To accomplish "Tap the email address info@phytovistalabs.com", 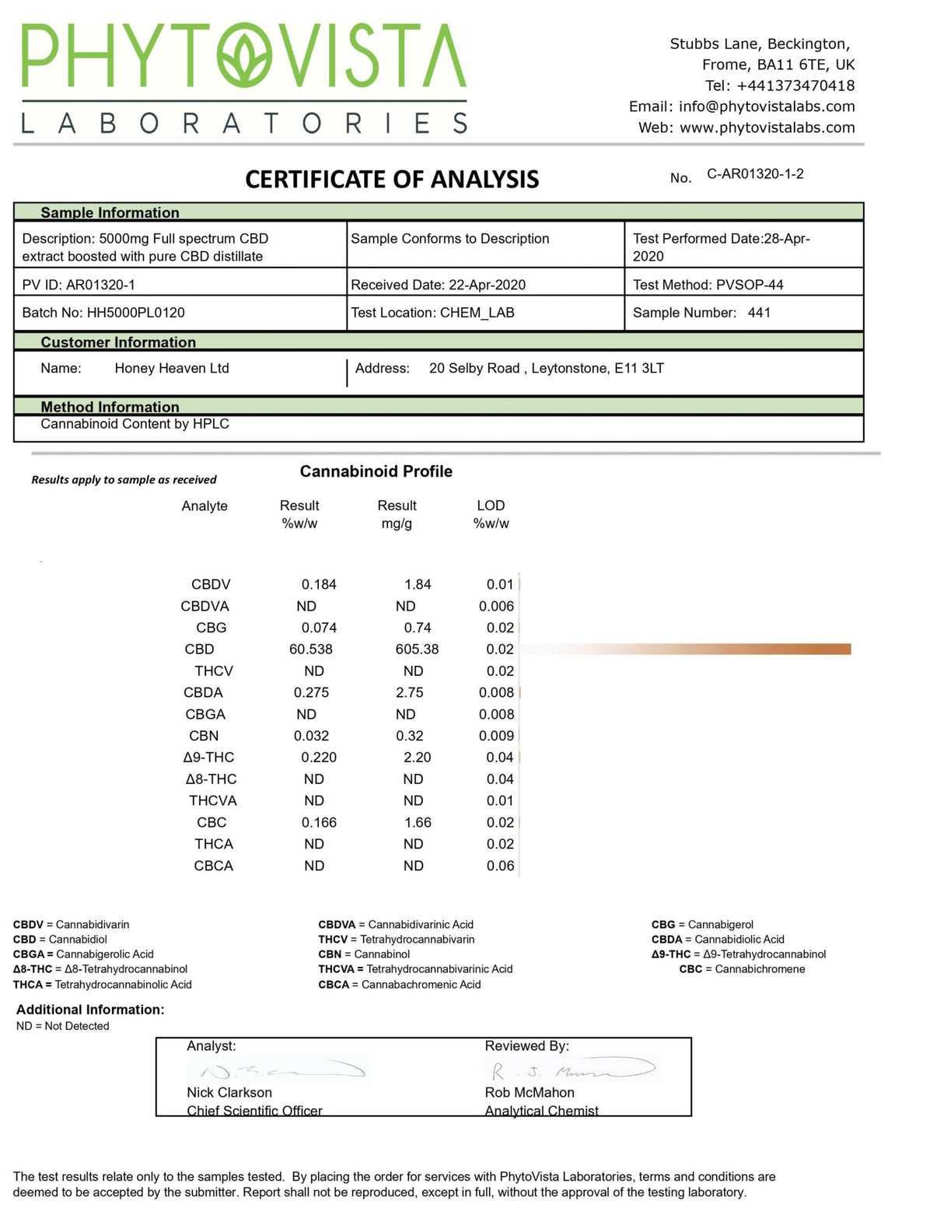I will tap(766, 107).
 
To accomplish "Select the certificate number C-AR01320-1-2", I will tap(754, 174).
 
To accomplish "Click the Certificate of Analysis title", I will tap(392, 180).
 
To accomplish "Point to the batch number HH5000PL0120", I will tap(135, 313).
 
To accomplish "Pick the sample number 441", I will tap(758, 313).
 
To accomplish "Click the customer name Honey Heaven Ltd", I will tap(172, 369).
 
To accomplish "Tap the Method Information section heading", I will tap(110, 407).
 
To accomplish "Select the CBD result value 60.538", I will tap(310, 650).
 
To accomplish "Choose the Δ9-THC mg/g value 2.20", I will tap(418, 758).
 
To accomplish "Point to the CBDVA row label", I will tap(205, 607).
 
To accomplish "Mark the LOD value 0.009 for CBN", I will tap(496, 736).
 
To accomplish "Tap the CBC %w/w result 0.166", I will tap(319, 823).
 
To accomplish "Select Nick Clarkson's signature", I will tap(280, 1070).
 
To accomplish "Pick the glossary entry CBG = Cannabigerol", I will tap(702, 925).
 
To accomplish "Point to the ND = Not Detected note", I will tap(63, 1027).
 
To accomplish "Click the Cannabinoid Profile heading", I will tap(376, 471).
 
